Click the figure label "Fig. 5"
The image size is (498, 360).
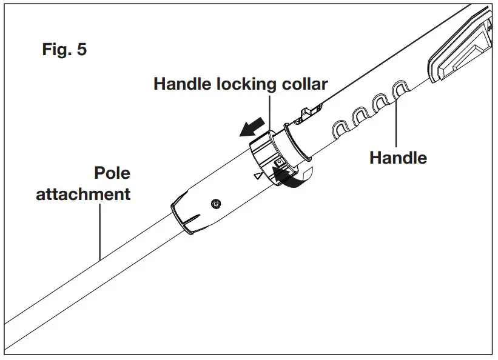click(64, 50)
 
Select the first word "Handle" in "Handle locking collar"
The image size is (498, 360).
click(183, 84)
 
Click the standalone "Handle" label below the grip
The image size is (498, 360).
click(398, 158)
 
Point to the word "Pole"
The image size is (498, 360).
click(112, 173)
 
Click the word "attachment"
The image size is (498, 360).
click(83, 195)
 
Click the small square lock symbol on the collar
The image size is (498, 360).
click(278, 163)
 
